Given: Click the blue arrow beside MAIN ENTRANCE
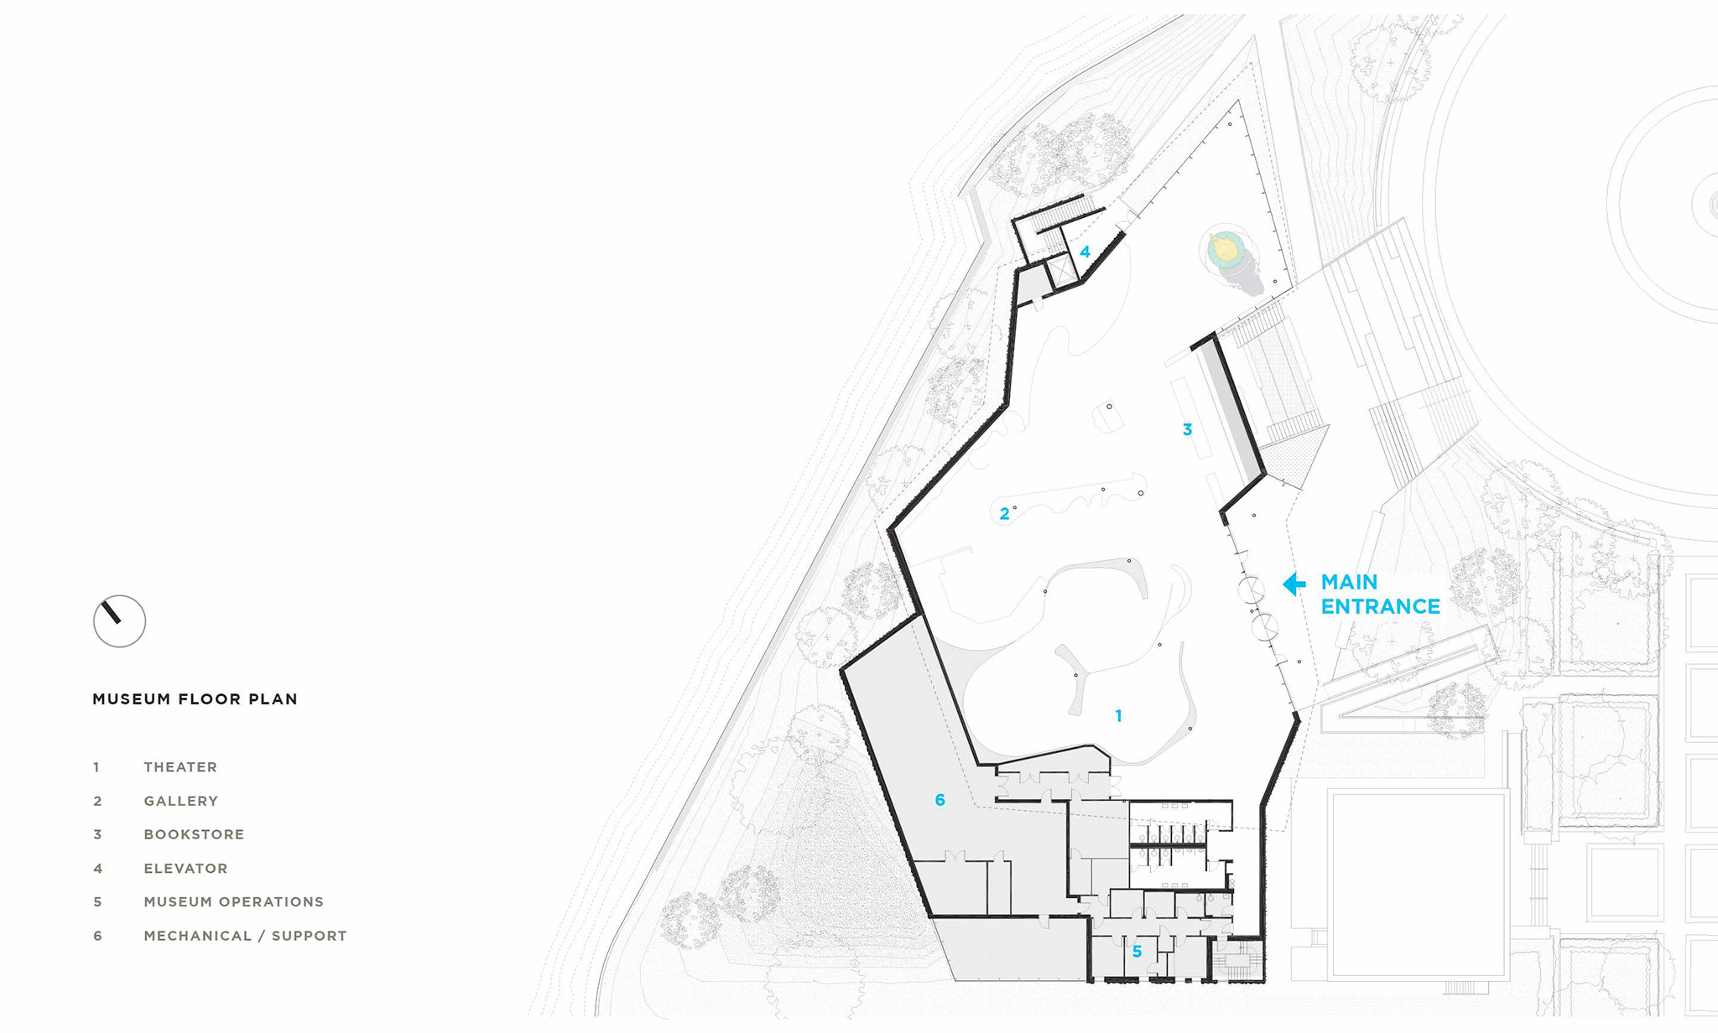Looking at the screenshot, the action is [1294, 584].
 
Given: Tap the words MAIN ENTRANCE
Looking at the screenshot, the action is [1381, 594].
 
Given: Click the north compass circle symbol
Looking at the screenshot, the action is [119, 621].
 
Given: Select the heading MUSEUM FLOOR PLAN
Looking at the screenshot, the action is [195, 699].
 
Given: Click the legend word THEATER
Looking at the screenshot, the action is [180, 767].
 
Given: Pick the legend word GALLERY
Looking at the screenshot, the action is [180, 801].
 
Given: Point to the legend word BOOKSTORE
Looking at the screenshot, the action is [194, 834].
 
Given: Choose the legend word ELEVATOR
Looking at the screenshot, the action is [185, 869].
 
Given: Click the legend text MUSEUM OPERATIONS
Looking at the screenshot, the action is [233, 902].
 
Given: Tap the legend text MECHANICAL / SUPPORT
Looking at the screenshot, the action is [245, 936].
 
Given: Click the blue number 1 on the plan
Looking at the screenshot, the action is [1118, 716].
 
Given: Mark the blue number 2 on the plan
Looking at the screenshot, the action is [1004, 514].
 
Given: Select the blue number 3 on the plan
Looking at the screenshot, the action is [1187, 429].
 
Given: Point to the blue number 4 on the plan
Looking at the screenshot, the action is [1085, 252].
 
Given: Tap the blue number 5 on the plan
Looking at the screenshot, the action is [1137, 952].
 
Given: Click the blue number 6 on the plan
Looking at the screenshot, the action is [940, 800].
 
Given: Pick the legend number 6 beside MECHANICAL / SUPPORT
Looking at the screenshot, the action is [97, 936].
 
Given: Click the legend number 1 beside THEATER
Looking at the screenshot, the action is [96, 767].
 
